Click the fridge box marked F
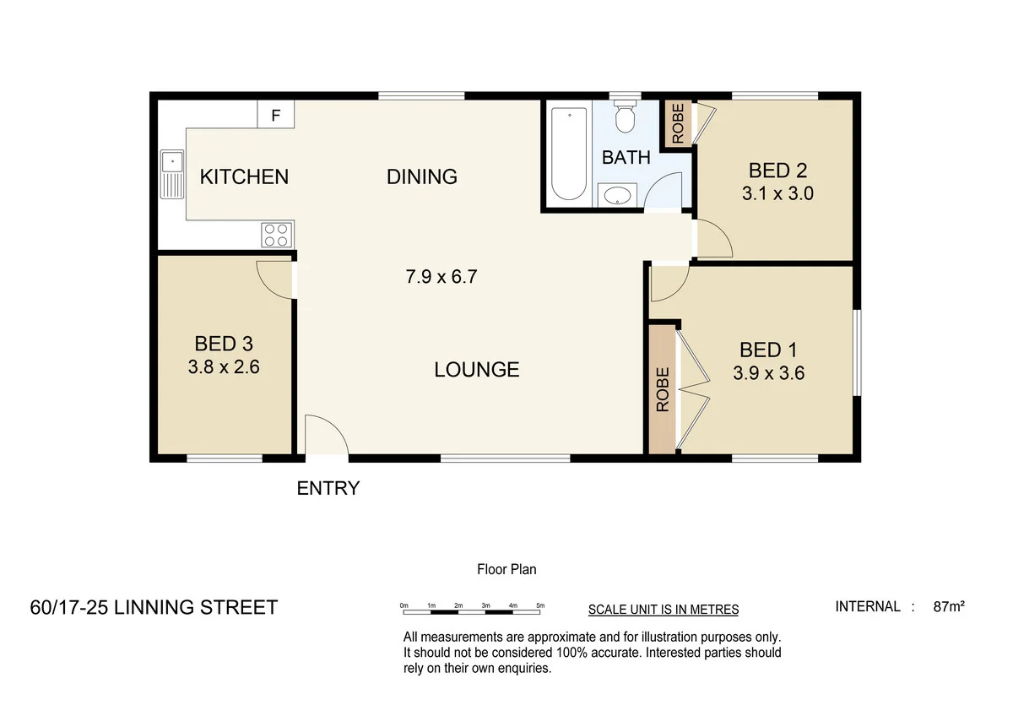point(275,115)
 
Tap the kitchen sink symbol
point(172,174)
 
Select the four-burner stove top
point(277,234)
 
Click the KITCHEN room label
point(244,176)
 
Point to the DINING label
point(422,176)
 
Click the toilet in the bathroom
point(625,117)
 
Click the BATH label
point(626,157)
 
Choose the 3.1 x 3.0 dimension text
point(777,193)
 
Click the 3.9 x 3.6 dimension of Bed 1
point(768,372)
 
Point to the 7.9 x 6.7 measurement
point(442,276)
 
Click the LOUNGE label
point(477,369)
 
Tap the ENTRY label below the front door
point(328,488)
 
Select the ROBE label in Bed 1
point(663,389)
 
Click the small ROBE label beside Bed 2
point(677,122)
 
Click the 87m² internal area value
point(950,606)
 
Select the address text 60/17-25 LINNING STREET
point(154,607)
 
